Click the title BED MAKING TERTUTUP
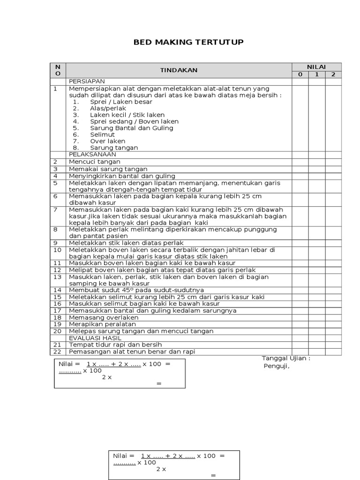(188, 43)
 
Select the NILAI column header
(316, 67)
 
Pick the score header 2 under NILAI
(333, 75)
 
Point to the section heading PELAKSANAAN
(92, 154)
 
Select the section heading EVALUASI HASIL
(95, 337)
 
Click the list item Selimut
(102, 134)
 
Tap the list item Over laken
(108, 141)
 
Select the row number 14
(58, 290)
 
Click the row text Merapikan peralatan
(103, 324)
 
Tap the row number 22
(58, 352)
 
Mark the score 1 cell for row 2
(316, 162)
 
